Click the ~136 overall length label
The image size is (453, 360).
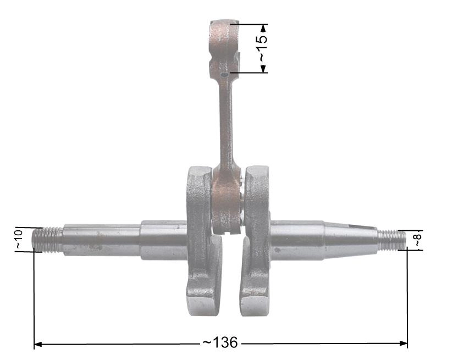220,342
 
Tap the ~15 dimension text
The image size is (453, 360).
262,48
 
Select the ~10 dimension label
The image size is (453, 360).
19,240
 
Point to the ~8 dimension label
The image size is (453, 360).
418,240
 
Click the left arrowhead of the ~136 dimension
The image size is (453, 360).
38,344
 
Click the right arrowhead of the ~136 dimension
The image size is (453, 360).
404,344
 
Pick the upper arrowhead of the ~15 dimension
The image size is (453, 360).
263,28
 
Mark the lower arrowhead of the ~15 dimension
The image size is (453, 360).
263,69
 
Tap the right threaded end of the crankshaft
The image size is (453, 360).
391,240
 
